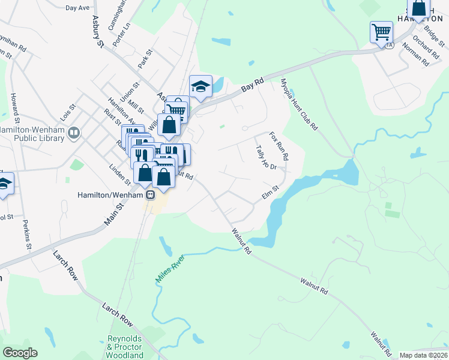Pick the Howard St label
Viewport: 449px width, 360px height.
pyautogui.click(x=14, y=104)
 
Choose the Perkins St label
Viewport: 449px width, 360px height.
pyautogui.click(x=27, y=234)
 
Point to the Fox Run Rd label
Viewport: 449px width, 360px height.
pyautogui.click(x=279, y=146)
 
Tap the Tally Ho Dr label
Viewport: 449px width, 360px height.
pyautogui.click(x=265, y=157)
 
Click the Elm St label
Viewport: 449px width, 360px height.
pyautogui.click(x=271, y=193)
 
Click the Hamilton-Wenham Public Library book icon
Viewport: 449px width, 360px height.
pyautogui.click(x=74, y=132)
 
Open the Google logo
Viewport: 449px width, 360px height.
pyautogui.click(x=20, y=353)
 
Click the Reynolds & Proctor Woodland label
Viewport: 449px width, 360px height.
pyautogui.click(x=125, y=347)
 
